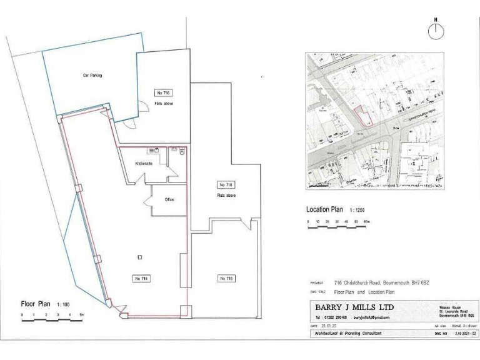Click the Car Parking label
[x=92, y=76]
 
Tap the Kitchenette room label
[x=144, y=164]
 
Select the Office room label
[x=169, y=199]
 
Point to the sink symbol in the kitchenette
[x=156, y=151]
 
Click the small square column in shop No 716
[x=141, y=257]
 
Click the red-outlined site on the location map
[x=361, y=116]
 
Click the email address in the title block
[x=371, y=317]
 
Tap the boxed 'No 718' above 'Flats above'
[x=225, y=185]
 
